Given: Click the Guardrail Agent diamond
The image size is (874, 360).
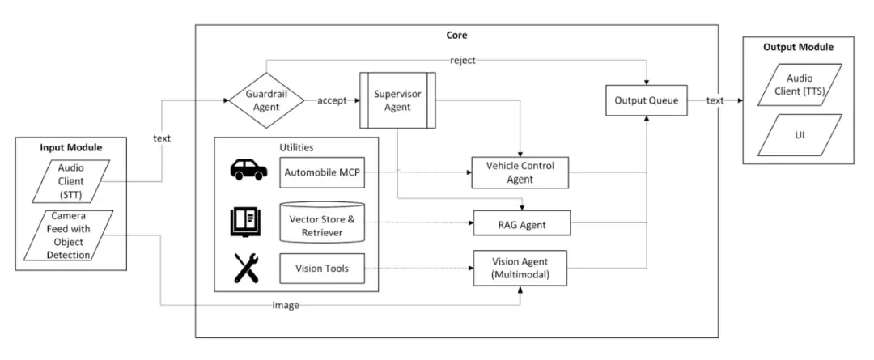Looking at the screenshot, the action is pyautogui.click(x=266, y=101).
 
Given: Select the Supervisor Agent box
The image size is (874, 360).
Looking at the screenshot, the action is pyautogui.click(x=397, y=100).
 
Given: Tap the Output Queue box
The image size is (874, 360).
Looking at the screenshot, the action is pyautogui.click(x=646, y=100).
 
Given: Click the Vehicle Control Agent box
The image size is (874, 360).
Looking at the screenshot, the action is pyautogui.click(x=520, y=172).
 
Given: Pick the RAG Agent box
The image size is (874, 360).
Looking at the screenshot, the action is pyautogui.click(x=522, y=225).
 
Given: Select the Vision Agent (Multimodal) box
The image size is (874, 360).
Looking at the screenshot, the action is pyautogui.click(x=520, y=268).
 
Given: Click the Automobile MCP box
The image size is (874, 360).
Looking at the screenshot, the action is pyautogui.click(x=321, y=172).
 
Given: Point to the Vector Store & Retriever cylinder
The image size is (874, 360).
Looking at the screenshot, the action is pyautogui.click(x=321, y=222).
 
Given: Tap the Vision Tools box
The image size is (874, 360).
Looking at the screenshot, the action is pyautogui.click(x=321, y=268).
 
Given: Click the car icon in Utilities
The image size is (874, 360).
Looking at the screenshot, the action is pyautogui.click(x=248, y=169).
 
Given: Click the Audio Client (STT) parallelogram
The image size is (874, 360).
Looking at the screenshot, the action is pyautogui.click(x=70, y=181).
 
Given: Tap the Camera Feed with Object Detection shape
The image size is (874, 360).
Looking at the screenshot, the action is pyautogui.click(x=68, y=235).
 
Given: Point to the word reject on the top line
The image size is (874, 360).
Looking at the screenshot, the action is pyautogui.click(x=463, y=60).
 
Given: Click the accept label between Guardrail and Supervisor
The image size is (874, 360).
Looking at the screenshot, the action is pyautogui.click(x=333, y=101).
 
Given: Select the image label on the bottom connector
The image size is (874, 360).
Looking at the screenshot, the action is pyautogui.click(x=286, y=305).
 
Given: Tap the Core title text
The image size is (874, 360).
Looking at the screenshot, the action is pyautogui.click(x=456, y=35).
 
